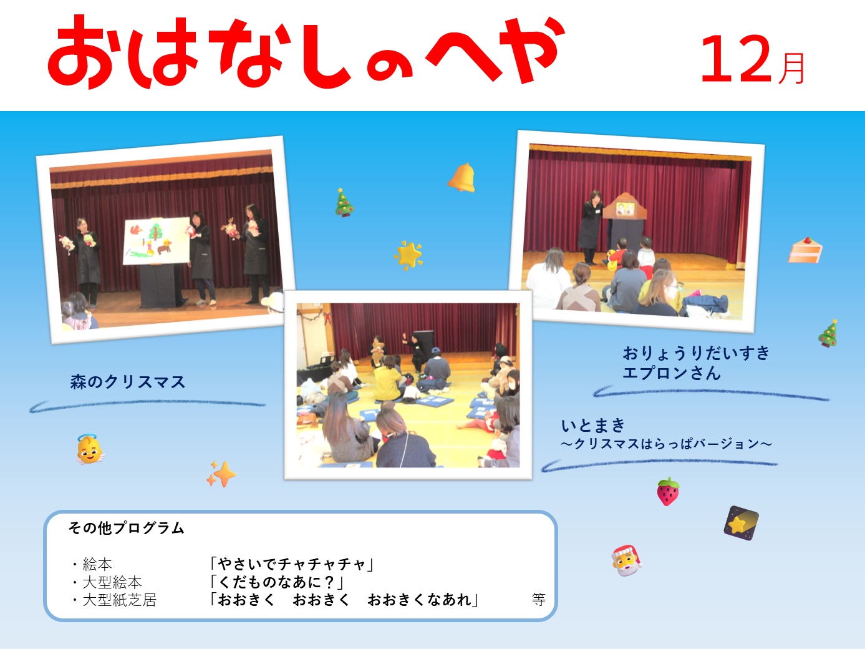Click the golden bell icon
coord(461,178)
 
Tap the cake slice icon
coord(805,250)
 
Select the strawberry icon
coord(668,491)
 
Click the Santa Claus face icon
coord(626,560)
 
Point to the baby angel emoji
coord(90,449)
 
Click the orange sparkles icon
coord(221,474)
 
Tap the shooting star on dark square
coord(742,523)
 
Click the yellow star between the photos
coord(408,255)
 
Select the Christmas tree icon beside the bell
coord(344,203)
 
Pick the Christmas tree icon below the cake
coord(828,334)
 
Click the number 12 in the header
coord(735,59)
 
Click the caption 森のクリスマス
coord(128,382)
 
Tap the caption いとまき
coord(593,426)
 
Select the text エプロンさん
coord(672,373)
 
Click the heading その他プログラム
coord(126,527)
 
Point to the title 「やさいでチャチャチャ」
coord(292,564)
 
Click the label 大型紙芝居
coord(119,600)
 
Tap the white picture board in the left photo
coord(157,241)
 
